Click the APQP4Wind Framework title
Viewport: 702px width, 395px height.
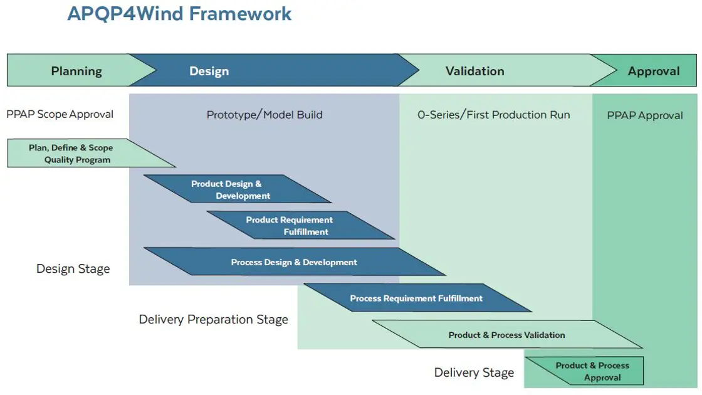click(179, 14)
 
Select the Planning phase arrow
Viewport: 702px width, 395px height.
click(76, 71)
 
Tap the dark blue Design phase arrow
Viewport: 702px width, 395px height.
click(209, 71)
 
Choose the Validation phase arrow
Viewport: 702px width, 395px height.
click(474, 71)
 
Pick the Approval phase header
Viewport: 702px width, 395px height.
click(654, 71)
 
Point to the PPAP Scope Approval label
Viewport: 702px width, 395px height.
click(60, 114)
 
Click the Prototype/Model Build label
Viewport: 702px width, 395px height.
click(265, 115)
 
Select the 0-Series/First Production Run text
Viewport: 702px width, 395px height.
click(494, 115)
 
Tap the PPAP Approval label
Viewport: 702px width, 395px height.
click(645, 115)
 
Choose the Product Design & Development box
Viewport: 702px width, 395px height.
click(232, 189)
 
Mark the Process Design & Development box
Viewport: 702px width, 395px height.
click(294, 262)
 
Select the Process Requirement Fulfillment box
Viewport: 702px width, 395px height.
click(416, 298)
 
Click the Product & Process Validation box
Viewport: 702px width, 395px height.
click(506, 335)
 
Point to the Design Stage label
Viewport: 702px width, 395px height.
click(73, 269)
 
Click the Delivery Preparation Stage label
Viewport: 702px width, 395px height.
click(213, 320)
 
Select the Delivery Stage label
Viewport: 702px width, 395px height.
click(474, 373)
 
